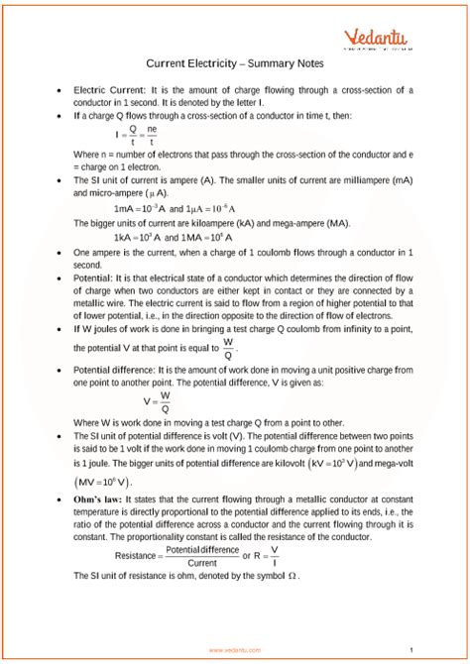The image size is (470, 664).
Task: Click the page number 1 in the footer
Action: (410, 650)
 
